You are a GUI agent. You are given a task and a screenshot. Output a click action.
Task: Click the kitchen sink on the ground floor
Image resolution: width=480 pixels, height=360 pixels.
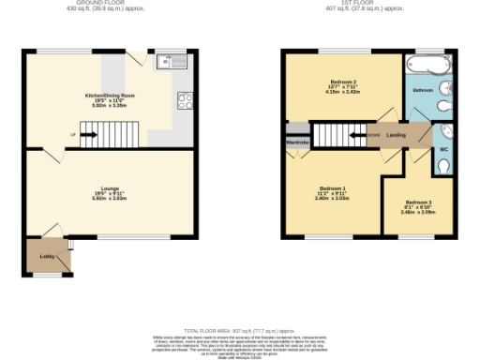(172, 63)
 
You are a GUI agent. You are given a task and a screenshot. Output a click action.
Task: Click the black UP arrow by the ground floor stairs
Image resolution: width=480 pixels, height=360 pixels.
(90, 134)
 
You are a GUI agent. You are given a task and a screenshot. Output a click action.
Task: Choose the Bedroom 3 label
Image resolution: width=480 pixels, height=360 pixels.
(418, 202)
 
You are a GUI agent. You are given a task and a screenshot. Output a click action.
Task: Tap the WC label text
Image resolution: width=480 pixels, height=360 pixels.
(442, 148)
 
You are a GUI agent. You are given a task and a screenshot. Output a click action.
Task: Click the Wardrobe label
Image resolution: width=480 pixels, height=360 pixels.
(297, 142)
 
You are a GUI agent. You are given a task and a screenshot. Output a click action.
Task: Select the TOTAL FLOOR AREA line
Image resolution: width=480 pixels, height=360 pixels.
(239, 332)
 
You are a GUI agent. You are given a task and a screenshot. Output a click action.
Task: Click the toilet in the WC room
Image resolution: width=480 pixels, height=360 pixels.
(446, 166)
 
